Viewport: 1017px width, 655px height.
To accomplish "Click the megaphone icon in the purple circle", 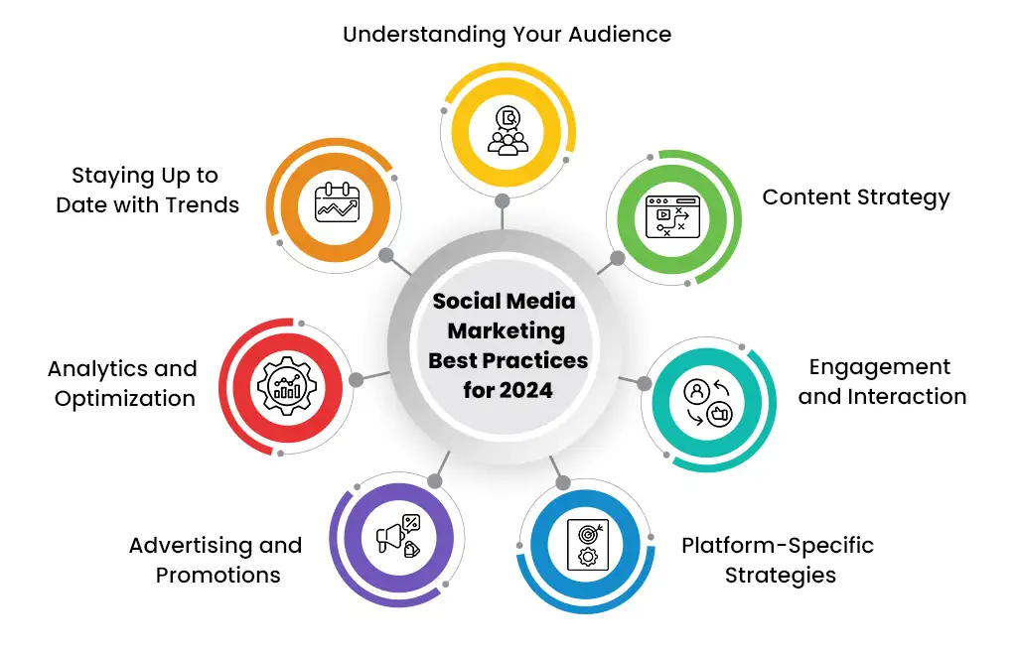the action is (398, 535).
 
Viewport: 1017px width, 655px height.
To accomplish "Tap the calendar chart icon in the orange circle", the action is (337, 202).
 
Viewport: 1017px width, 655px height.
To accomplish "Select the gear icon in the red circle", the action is (288, 386).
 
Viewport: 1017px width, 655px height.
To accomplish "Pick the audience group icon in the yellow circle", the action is (508, 131).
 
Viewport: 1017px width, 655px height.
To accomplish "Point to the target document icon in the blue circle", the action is (588, 545).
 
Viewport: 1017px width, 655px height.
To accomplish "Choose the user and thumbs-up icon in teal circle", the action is (707, 403).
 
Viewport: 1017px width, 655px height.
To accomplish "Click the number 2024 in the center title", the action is (526, 390).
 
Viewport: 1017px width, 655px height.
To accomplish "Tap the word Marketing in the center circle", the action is (507, 331).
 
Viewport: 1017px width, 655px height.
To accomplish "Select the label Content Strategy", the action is (855, 196).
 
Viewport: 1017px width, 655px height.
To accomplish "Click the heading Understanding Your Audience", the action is (508, 34).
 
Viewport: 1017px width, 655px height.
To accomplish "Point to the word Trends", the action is (203, 204).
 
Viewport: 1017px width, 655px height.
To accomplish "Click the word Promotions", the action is (218, 575).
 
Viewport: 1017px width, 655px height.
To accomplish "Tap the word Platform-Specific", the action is (778, 546).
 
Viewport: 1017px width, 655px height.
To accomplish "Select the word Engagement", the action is (880, 367).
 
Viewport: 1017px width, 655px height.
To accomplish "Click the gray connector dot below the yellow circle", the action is (502, 200).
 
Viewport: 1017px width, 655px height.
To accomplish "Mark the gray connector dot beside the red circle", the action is (357, 380).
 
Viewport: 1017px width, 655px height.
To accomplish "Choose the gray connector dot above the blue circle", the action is (563, 482).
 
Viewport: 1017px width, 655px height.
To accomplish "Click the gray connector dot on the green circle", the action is (618, 258).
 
